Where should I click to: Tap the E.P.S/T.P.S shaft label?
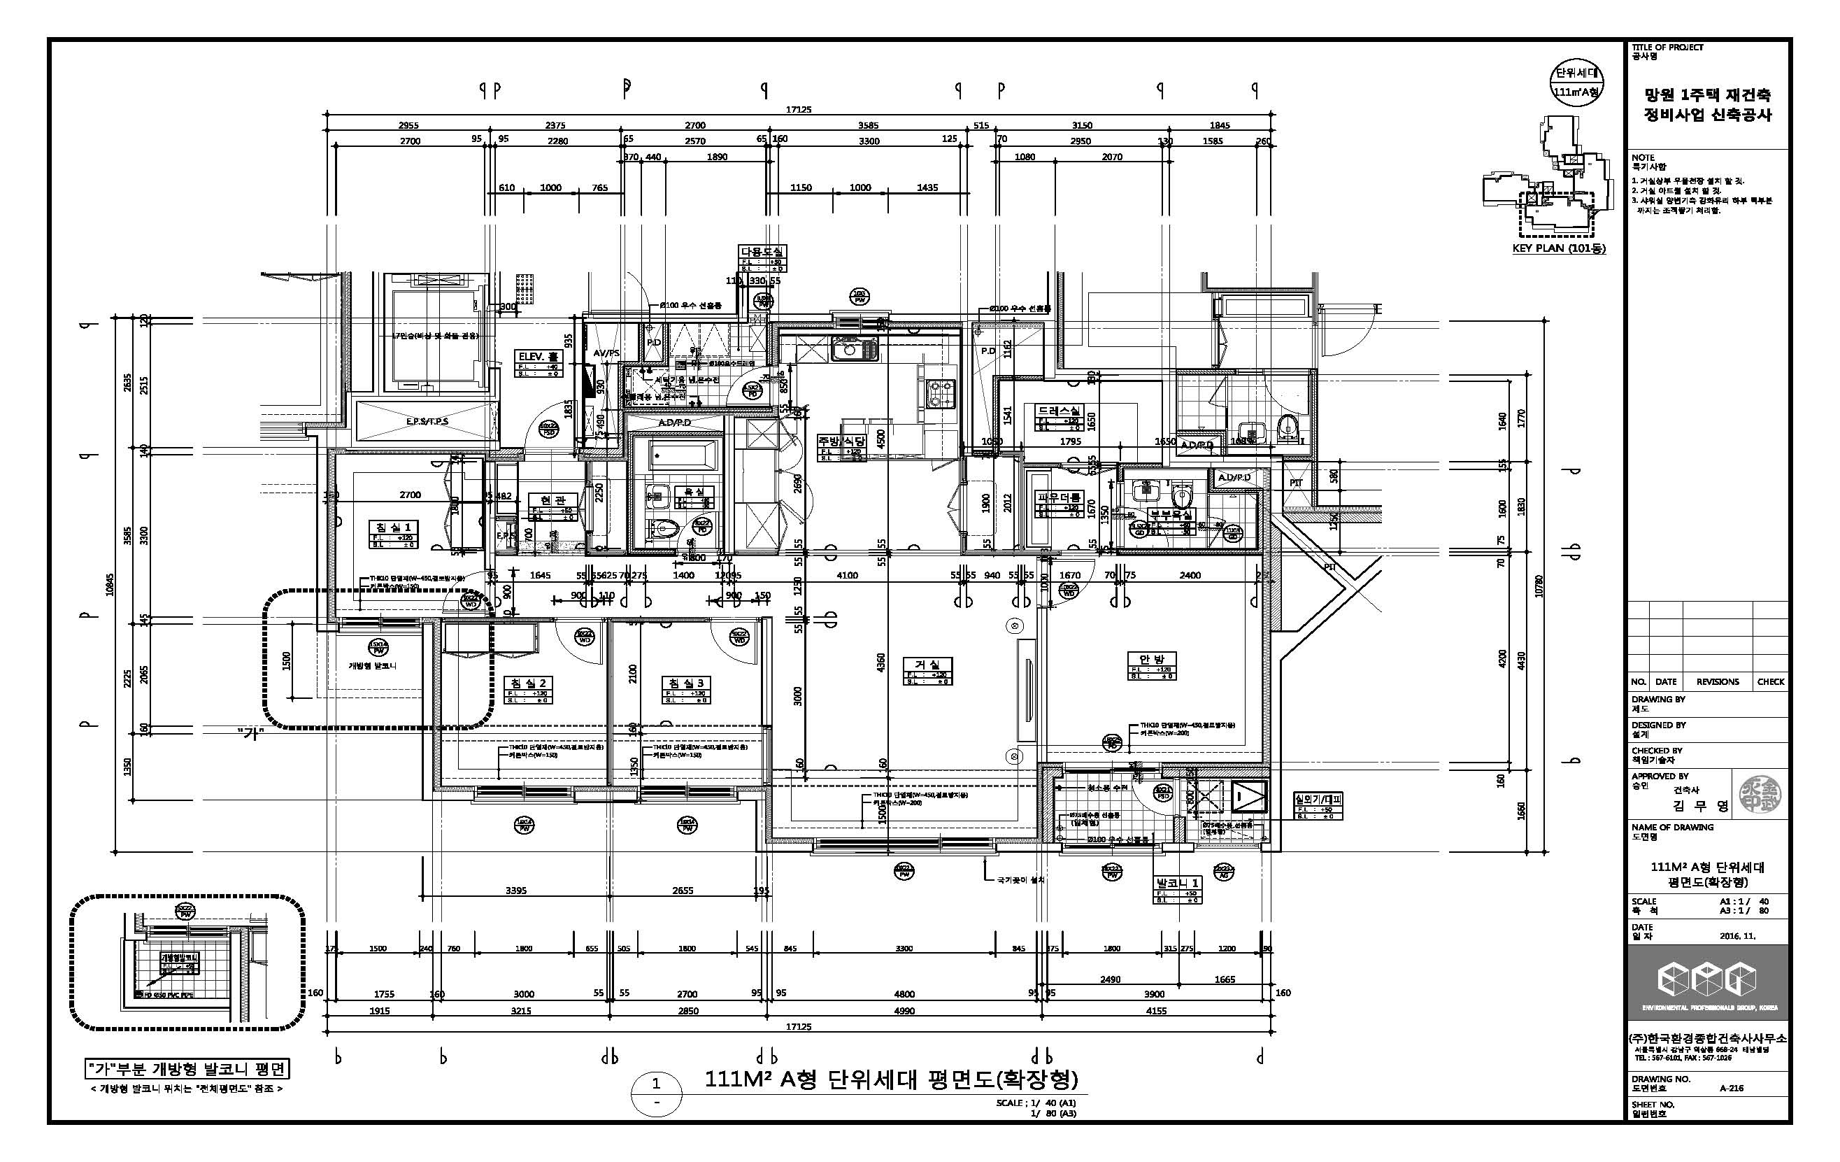click(427, 421)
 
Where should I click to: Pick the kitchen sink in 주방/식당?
click(855, 351)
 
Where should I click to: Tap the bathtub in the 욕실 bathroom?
click(682, 456)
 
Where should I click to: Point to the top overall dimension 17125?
click(799, 109)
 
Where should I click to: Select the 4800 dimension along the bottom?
click(904, 994)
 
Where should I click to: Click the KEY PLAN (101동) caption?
click(1559, 248)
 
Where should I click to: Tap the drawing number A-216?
click(1731, 1088)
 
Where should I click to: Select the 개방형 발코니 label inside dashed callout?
click(372, 666)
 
